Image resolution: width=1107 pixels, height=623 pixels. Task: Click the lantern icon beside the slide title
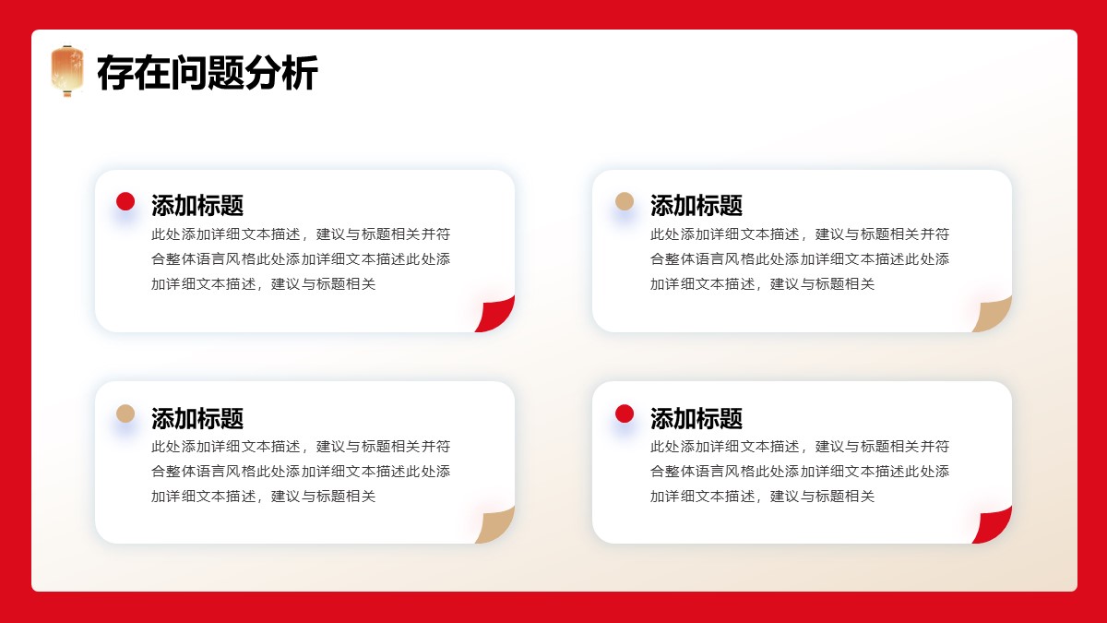(x=67, y=70)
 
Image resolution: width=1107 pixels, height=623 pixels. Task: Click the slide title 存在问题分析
(x=207, y=73)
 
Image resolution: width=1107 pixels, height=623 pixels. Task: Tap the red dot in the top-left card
(x=125, y=201)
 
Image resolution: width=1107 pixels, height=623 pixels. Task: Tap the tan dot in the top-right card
(x=625, y=201)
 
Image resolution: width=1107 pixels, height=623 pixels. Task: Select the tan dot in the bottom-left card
(x=125, y=413)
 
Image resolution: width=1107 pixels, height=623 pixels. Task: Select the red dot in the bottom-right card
(x=625, y=413)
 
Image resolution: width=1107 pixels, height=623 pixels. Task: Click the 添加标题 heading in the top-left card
(x=197, y=205)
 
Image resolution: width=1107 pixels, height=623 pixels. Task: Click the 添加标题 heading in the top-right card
(x=696, y=205)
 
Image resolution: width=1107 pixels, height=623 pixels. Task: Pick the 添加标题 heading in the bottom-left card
(x=197, y=418)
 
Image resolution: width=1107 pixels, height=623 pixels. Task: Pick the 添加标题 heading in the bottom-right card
(x=696, y=418)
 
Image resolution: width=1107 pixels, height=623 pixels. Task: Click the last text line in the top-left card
(x=264, y=284)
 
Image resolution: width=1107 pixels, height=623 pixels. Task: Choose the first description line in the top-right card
(x=800, y=234)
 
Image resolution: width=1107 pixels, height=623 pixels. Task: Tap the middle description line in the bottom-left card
(x=301, y=472)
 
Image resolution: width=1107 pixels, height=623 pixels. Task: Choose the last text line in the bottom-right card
(x=762, y=496)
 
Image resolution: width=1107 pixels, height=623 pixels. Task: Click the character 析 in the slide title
(x=300, y=73)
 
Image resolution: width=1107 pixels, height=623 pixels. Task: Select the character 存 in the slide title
(x=115, y=73)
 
